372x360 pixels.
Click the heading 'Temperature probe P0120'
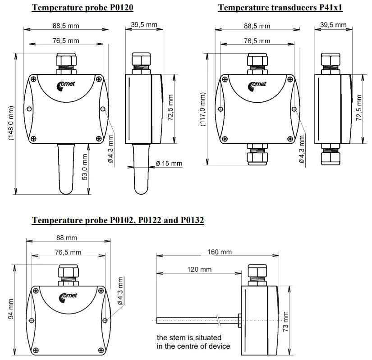click(83, 7)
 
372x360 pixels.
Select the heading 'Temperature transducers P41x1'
click(280, 7)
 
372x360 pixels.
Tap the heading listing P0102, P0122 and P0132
click(118, 220)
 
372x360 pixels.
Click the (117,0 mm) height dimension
click(202, 110)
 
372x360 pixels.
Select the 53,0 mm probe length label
click(84, 167)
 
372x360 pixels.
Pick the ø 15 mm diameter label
click(169, 163)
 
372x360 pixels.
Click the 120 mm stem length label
click(199, 269)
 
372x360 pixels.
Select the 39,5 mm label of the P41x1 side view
click(333, 24)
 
